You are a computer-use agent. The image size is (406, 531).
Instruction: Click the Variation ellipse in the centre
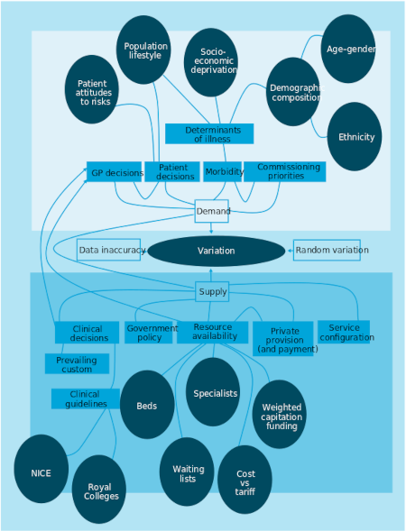(x=217, y=251)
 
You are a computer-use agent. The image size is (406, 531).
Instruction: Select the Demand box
(x=211, y=211)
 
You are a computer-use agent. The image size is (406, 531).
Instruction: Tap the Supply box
(x=212, y=291)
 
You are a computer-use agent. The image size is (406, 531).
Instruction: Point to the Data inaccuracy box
(x=108, y=250)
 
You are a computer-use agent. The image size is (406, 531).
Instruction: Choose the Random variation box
(x=327, y=250)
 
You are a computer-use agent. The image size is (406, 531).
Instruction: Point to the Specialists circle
(x=213, y=392)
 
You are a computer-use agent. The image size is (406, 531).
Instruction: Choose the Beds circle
(x=147, y=405)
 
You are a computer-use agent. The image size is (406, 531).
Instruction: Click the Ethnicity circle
(x=355, y=136)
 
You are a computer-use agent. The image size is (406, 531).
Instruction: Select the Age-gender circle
(x=348, y=49)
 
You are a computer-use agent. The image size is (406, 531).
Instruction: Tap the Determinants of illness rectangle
(x=209, y=133)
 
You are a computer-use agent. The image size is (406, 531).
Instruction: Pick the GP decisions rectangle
(x=114, y=171)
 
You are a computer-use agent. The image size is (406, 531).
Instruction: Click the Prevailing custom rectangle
(x=77, y=363)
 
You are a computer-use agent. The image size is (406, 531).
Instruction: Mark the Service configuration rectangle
(x=344, y=332)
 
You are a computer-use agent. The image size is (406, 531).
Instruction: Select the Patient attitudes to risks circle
(x=92, y=89)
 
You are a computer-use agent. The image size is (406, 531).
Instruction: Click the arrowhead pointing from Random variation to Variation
(x=290, y=251)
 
